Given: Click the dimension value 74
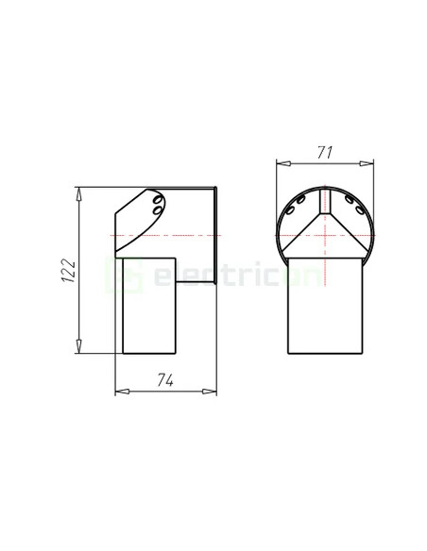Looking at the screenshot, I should [165, 380].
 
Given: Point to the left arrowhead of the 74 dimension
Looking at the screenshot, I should [118, 391].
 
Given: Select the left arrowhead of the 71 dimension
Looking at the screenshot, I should [280, 162].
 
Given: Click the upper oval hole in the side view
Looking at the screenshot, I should [157, 201].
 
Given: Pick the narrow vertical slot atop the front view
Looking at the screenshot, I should [325, 201].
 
